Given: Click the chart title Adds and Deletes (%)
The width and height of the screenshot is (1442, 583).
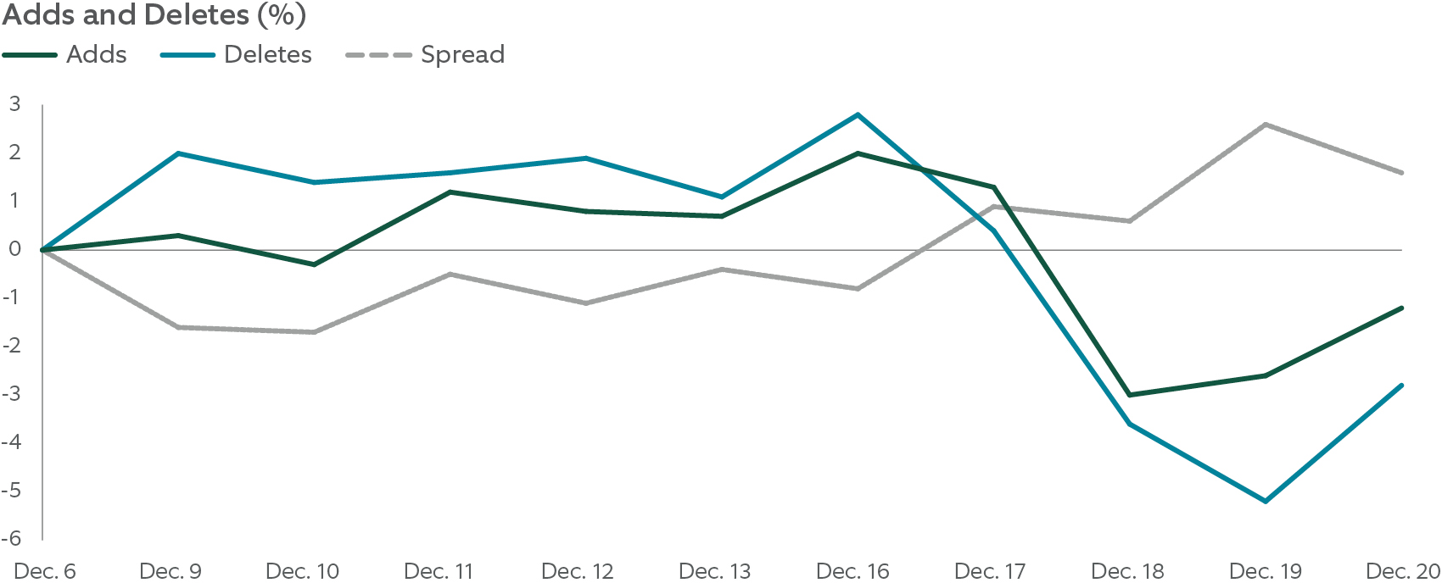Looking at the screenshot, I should click(154, 15).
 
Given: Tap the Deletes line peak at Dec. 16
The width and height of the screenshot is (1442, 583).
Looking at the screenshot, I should click(858, 114).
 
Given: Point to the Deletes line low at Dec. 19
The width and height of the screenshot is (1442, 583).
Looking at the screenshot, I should click(1266, 502).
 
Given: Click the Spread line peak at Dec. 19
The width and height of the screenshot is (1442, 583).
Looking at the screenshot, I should click(1266, 125).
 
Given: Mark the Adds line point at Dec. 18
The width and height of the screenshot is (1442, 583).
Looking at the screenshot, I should click(1130, 395).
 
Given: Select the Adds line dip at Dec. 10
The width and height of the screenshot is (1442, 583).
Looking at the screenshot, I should click(314, 264).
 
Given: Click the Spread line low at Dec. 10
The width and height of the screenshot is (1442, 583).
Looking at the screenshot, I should click(314, 332).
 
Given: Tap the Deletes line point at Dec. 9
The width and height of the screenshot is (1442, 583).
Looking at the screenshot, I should click(178, 153).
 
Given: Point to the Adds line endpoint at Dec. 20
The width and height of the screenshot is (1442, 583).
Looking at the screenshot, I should click(1401, 308).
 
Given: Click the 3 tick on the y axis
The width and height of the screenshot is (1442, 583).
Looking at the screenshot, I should click(14, 104).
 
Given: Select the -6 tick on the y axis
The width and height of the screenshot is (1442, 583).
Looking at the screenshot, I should click(11, 539).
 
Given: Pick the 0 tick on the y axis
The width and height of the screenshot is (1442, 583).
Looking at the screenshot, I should click(14, 249).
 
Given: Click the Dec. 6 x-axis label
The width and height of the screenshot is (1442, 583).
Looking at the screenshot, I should click(45, 571).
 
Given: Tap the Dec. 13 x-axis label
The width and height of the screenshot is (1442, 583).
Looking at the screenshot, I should click(714, 571).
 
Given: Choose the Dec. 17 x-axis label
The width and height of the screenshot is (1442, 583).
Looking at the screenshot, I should click(989, 571).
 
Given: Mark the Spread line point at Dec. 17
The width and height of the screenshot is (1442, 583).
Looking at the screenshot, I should click(994, 206).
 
